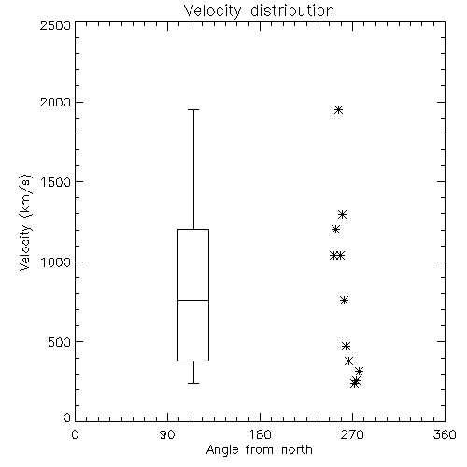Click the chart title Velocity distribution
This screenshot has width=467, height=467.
[259, 11]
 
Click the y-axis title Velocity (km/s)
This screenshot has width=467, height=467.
[25, 222]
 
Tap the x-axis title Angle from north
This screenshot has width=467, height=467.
[259, 450]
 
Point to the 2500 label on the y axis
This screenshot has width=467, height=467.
[55, 25]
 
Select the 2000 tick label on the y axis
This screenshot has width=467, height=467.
[55, 102]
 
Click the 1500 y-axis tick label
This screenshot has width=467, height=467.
[56, 182]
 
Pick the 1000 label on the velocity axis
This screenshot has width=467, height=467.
[56, 262]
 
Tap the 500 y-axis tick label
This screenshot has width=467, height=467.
[60, 342]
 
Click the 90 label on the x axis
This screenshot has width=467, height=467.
[167, 434]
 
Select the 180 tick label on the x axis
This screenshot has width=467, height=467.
[260, 434]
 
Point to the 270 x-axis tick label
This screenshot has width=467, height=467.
[352, 434]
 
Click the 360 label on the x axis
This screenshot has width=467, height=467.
[445, 434]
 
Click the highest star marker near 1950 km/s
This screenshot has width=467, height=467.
[339, 110]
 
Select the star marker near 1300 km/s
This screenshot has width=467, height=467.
[343, 214]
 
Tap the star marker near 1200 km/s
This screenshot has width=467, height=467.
[335, 230]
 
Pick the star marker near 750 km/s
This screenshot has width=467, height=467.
[344, 301]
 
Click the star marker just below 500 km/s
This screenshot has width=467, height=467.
[346, 346]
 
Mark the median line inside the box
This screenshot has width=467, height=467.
[193, 300]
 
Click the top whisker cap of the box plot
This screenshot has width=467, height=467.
[193, 109]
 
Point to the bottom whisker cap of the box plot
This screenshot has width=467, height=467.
[193, 383]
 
